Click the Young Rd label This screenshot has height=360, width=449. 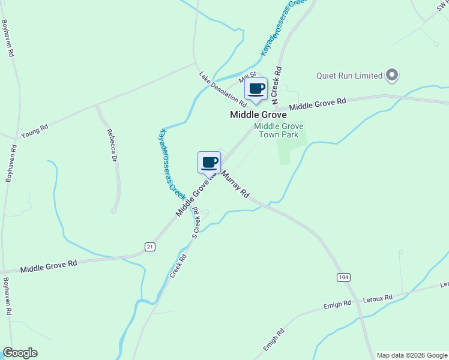click(x=34, y=131)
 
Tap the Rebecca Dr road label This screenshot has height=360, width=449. click(x=111, y=146)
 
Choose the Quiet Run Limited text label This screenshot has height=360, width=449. click(x=349, y=76)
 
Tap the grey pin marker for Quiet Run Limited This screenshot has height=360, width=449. click(x=392, y=76)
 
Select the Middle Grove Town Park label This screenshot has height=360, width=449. click(x=279, y=130)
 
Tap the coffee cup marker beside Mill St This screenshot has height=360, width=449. click(x=256, y=89)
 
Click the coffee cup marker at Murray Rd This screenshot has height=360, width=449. click(x=209, y=162)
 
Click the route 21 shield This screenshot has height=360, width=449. click(x=150, y=246)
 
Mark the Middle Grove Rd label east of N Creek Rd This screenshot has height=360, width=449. click(x=318, y=104)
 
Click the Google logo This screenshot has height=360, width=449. click(x=20, y=353)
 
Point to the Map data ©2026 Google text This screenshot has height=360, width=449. click(x=412, y=355)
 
